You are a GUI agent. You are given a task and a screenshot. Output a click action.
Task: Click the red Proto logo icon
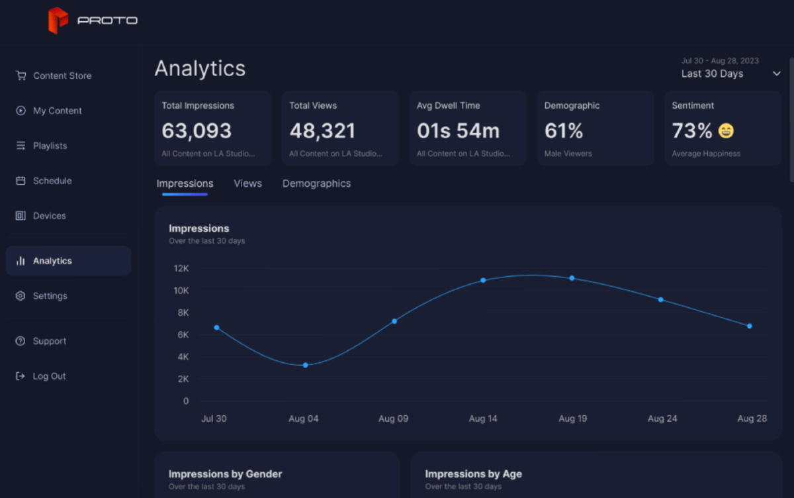(58, 21)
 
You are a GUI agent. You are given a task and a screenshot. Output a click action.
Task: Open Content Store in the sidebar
(62, 75)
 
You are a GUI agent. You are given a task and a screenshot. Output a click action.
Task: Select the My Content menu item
(58, 111)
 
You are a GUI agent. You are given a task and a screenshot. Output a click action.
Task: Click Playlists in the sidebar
(50, 146)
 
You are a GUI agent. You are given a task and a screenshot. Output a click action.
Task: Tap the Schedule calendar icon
(21, 181)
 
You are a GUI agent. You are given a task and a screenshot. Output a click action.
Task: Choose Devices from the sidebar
(49, 216)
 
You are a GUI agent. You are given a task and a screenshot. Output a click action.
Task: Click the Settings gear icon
(21, 296)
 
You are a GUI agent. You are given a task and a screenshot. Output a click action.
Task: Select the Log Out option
(49, 376)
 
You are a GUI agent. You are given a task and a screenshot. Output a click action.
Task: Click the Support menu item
(49, 341)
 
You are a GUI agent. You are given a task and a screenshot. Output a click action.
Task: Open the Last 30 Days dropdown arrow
(777, 74)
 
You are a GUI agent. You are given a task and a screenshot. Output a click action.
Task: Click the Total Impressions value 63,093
(197, 131)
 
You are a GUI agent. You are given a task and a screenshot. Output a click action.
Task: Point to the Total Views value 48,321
(322, 131)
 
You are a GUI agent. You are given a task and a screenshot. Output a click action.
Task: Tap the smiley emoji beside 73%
(726, 131)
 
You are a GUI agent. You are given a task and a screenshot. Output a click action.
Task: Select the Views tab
(247, 183)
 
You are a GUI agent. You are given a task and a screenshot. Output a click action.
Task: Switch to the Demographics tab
(316, 183)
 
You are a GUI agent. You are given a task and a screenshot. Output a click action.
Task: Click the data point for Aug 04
(305, 365)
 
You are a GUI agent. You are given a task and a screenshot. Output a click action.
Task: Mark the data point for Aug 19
(572, 278)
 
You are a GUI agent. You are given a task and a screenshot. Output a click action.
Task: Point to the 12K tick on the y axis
(181, 268)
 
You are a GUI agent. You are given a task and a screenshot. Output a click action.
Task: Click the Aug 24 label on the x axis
(662, 419)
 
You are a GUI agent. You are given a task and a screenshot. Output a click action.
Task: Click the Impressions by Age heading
(473, 473)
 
